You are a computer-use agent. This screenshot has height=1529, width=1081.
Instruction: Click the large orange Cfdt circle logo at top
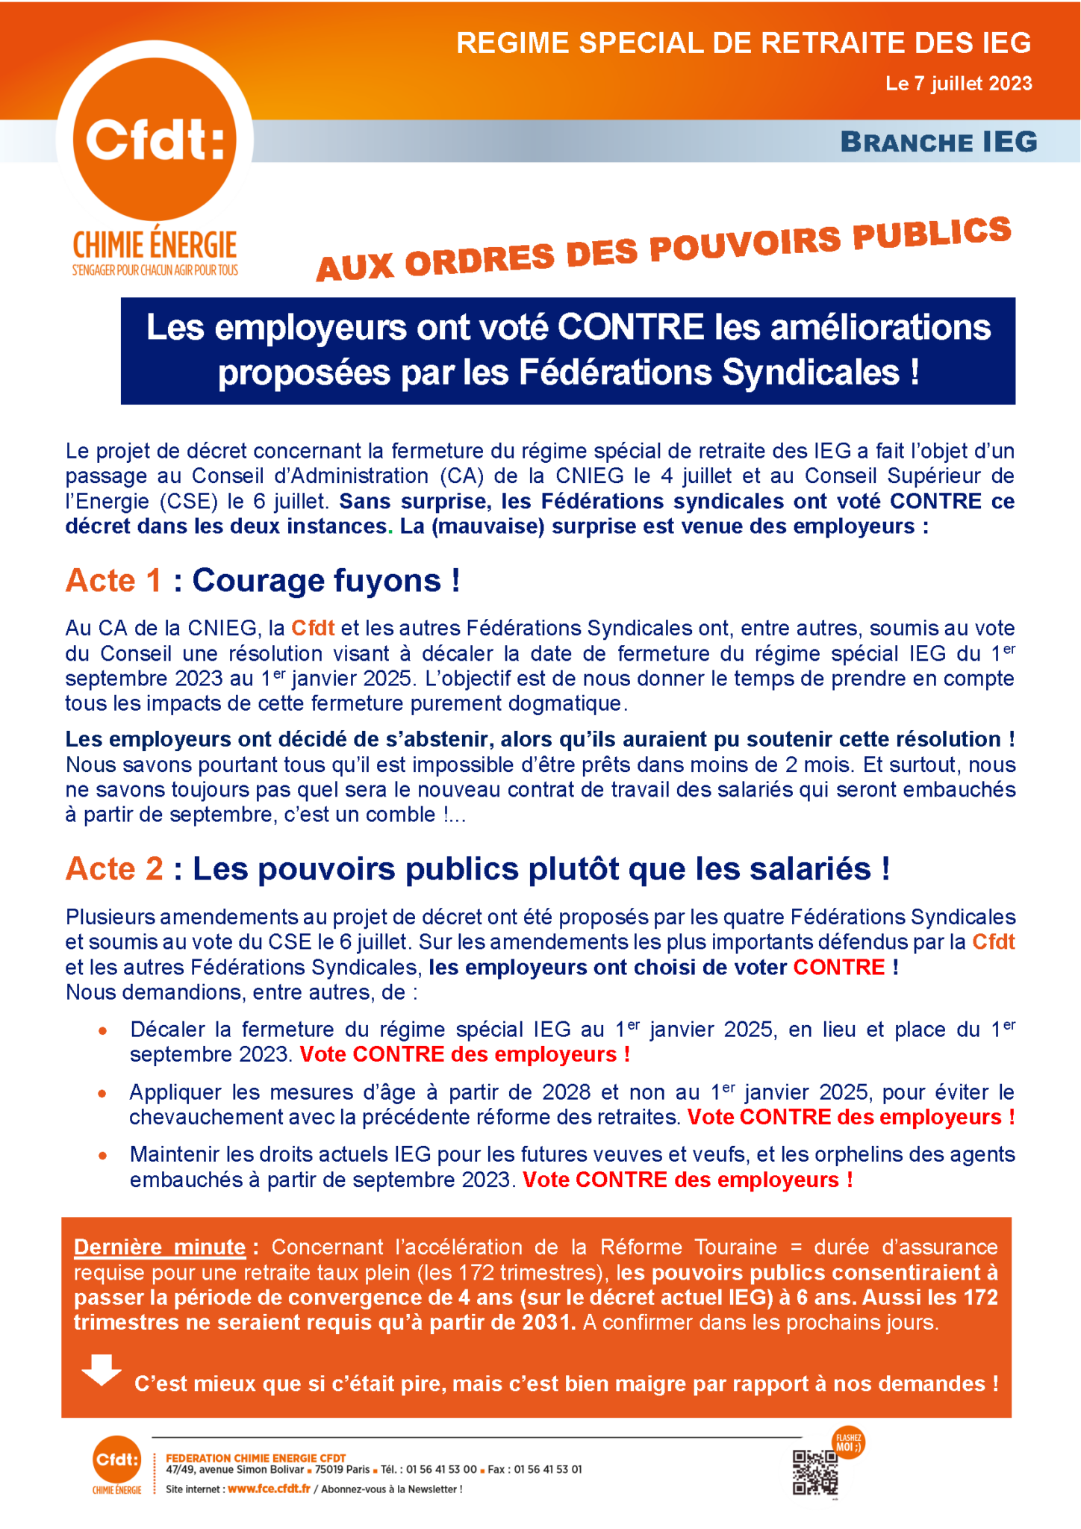[x=155, y=139]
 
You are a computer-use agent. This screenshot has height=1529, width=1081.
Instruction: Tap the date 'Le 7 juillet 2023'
[x=959, y=83]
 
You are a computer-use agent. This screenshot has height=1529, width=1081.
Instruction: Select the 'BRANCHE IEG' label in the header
[x=938, y=141]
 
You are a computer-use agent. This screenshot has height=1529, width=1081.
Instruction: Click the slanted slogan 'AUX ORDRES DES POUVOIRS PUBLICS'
[x=664, y=249]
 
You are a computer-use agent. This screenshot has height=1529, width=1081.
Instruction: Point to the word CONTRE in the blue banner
[x=630, y=327]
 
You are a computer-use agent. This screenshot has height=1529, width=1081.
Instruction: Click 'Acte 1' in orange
[x=113, y=581]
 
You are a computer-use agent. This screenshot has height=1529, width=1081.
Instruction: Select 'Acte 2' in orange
[x=114, y=868]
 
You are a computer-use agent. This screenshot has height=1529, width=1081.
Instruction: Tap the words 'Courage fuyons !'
[x=326, y=581]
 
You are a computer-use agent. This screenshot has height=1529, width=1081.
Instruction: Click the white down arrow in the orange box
[x=102, y=1370]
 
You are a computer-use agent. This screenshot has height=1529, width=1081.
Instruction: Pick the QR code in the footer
[x=814, y=1472]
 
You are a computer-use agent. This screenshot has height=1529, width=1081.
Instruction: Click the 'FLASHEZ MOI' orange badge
[x=848, y=1442]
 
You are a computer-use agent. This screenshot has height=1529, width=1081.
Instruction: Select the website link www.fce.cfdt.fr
[x=269, y=1489]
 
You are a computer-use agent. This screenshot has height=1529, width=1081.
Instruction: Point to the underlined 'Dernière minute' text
[x=160, y=1247]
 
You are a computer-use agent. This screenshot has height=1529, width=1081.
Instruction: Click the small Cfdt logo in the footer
[x=116, y=1460]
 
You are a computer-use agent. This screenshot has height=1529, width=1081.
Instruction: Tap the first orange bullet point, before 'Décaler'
[x=103, y=1031]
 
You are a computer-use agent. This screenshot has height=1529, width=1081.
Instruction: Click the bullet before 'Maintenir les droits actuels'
[x=103, y=1156]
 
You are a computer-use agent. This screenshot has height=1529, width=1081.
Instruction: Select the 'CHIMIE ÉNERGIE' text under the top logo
[x=155, y=244]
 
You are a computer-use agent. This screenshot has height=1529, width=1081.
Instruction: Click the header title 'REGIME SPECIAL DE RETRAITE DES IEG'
[x=744, y=43]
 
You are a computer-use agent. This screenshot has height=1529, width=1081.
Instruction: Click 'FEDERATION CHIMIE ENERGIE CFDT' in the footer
[x=255, y=1457]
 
